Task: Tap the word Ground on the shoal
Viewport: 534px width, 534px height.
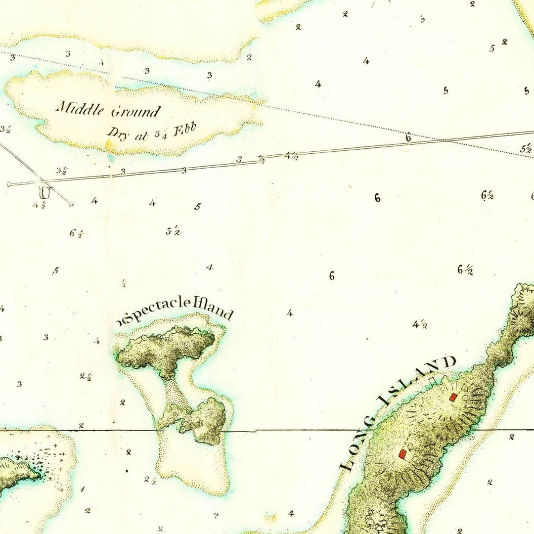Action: coord(135,112)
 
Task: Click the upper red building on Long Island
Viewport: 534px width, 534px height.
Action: coord(452,397)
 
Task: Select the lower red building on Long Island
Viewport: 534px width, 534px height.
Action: coord(402,454)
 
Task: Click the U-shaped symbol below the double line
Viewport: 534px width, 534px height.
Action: coord(45,191)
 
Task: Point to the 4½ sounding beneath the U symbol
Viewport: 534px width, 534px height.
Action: coord(40,205)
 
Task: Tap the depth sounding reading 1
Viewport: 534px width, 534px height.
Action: coord(82,489)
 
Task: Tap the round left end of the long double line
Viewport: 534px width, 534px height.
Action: coord(9,184)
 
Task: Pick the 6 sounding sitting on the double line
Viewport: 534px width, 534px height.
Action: coord(408,138)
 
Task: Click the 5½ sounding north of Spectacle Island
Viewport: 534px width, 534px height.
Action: coord(173,231)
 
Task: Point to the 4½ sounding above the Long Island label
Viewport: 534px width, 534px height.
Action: coord(420,324)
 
